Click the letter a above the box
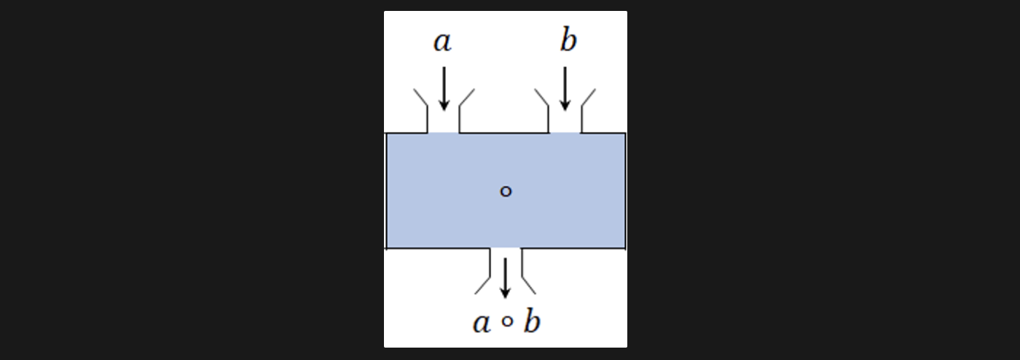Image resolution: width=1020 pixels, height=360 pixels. tap(442, 42)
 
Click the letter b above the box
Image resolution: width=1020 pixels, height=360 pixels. tap(568, 41)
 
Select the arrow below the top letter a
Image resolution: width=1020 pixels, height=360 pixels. tap(444, 88)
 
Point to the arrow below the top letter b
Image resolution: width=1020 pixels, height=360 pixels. tap(565, 88)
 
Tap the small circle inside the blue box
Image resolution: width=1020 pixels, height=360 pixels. tap(506, 192)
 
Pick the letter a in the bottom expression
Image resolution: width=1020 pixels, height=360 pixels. tap(482, 323)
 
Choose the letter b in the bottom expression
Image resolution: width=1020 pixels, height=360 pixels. tap(532, 321)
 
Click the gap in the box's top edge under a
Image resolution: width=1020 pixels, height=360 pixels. tap(443, 133)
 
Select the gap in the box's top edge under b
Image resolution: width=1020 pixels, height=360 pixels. tap(565, 133)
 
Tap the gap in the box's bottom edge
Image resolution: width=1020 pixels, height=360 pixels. tap(505, 249)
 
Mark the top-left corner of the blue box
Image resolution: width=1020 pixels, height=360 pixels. tap(386, 134)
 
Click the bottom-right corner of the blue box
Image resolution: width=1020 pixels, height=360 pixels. tap(624, 248)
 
